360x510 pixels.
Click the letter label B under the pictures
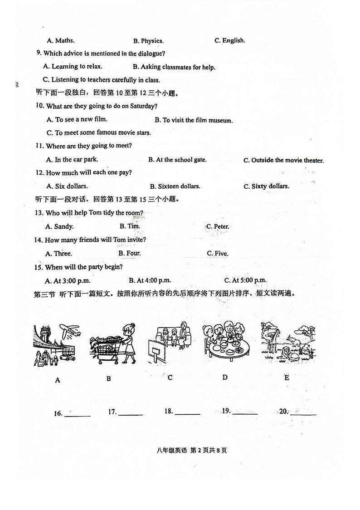click(x=108, y=378)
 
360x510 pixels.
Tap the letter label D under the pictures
click(x=225, y=377)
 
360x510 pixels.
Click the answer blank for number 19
click(x=244, y=412)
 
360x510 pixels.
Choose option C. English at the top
click(x=229, y=40)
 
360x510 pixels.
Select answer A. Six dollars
click(x=67, y=186)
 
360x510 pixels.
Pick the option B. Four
click(x=130, y=253)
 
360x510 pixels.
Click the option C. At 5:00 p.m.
click(x=245, y=280)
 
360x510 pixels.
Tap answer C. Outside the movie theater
click(x=283, y=160)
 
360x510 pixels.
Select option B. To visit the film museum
click(x=194, y=120)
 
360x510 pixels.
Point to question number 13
click(x=39, y=213)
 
